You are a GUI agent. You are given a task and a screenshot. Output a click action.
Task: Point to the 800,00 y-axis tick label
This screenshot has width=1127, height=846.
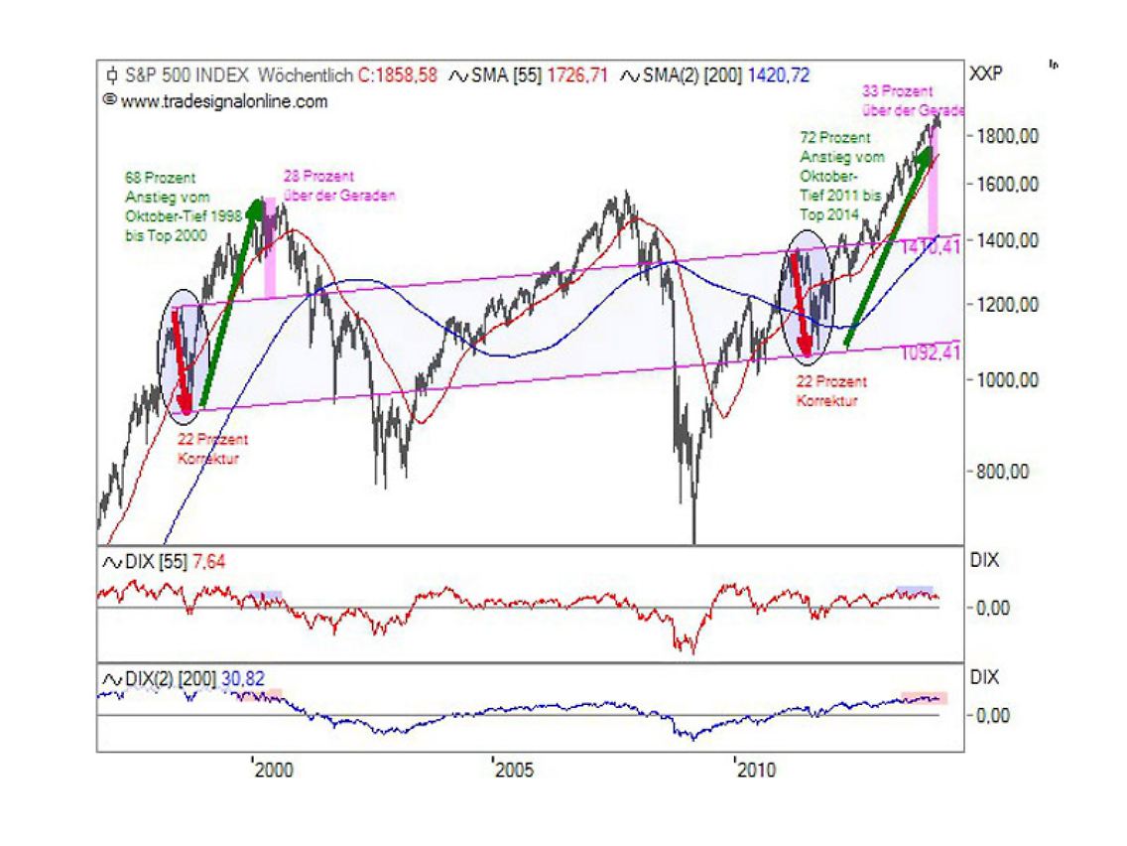click(x=1001, y=472)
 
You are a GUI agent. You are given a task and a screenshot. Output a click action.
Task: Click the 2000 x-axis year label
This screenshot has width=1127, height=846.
click(x=274, y=770)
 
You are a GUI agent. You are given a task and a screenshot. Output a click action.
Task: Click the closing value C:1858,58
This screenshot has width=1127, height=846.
click(x=398, y=74)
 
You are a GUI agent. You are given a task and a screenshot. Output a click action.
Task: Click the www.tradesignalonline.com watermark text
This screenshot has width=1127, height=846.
click(x=223, y=100)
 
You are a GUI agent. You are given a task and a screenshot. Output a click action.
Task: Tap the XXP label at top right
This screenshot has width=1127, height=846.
click(x=986, y=74)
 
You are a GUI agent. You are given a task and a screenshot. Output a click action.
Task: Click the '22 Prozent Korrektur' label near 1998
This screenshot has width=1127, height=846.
click(x=212, y=449)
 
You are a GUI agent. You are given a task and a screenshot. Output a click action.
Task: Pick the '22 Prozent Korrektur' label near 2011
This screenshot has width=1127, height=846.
click(x=831, y=391)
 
